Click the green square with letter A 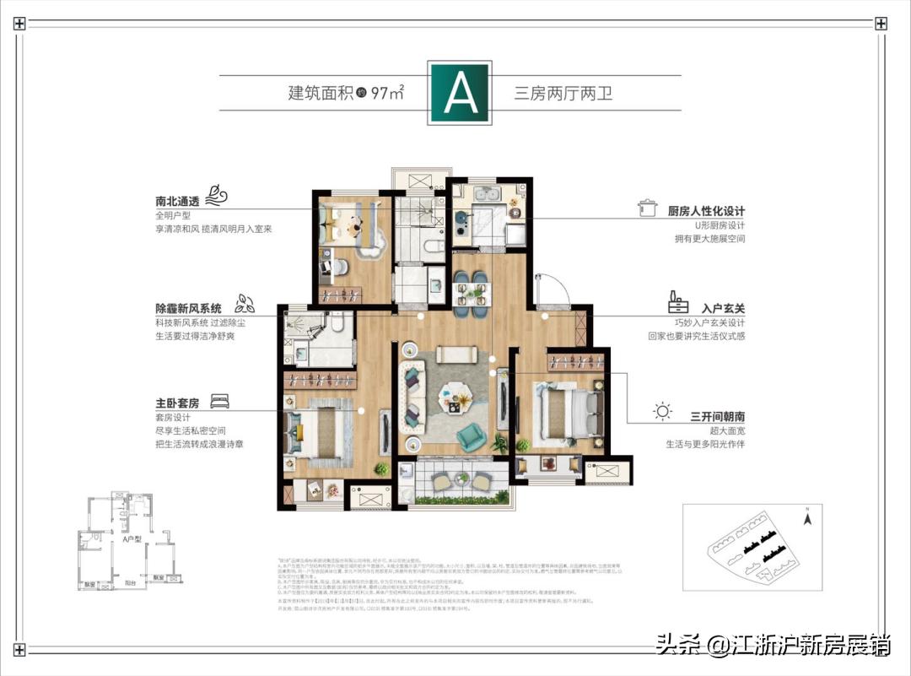coord(459,93)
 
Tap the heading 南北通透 coord(179,203)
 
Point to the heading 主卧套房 coord(177,403)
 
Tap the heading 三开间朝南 coord(718,416)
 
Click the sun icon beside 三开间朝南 coord(664,412)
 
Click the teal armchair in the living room coord(468,435)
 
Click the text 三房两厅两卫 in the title coord(563,93)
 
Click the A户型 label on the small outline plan coord(131,538)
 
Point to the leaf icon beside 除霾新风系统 coord(244,301)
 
